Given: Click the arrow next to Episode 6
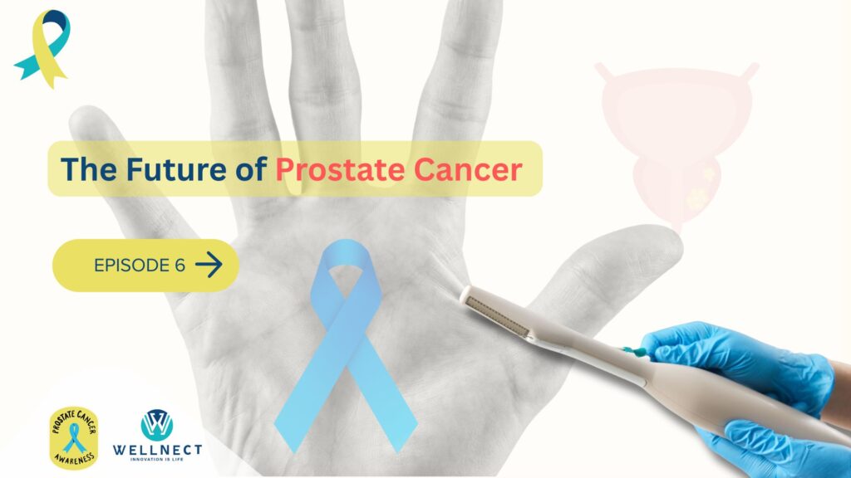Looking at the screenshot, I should pyautogui.click(x=209, y=265).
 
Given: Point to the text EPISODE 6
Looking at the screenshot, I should pyautogui.click(x=140, y=266).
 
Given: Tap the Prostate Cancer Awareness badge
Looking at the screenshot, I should pyautogui.click(x=74, y=435).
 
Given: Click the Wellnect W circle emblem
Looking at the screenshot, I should pyautogui.click(x=157, y=425).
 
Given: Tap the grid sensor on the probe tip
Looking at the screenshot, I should pyautogui.click(x=499, y=315).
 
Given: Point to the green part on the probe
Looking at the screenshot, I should pyautogui.click(x=635, y=351).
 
